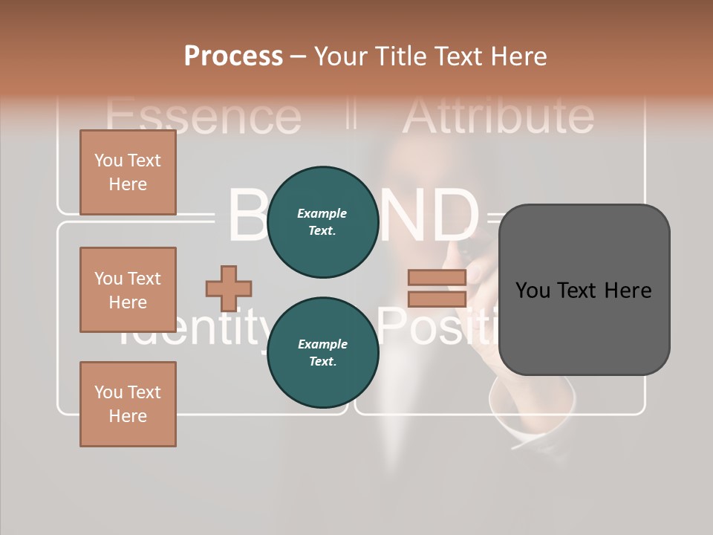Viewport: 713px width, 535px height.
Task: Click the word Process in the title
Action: click(233, 56)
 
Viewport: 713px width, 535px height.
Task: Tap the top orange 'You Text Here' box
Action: click(128, 172)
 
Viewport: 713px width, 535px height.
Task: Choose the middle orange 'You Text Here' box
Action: click(128, 290)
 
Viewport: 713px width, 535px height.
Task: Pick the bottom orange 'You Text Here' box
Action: click(128, 404)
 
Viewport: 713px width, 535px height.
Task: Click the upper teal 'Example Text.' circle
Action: click(322, 222)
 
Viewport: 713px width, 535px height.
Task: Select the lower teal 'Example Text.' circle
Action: click(322, 353)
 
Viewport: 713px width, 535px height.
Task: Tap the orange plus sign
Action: click(229, 288)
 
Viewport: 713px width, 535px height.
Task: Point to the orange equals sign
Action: click(437, 288)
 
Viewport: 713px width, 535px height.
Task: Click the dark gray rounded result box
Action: click(584, 290)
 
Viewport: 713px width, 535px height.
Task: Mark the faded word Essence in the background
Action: click(203, 117)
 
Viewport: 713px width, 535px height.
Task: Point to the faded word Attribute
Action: click(498, 115)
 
